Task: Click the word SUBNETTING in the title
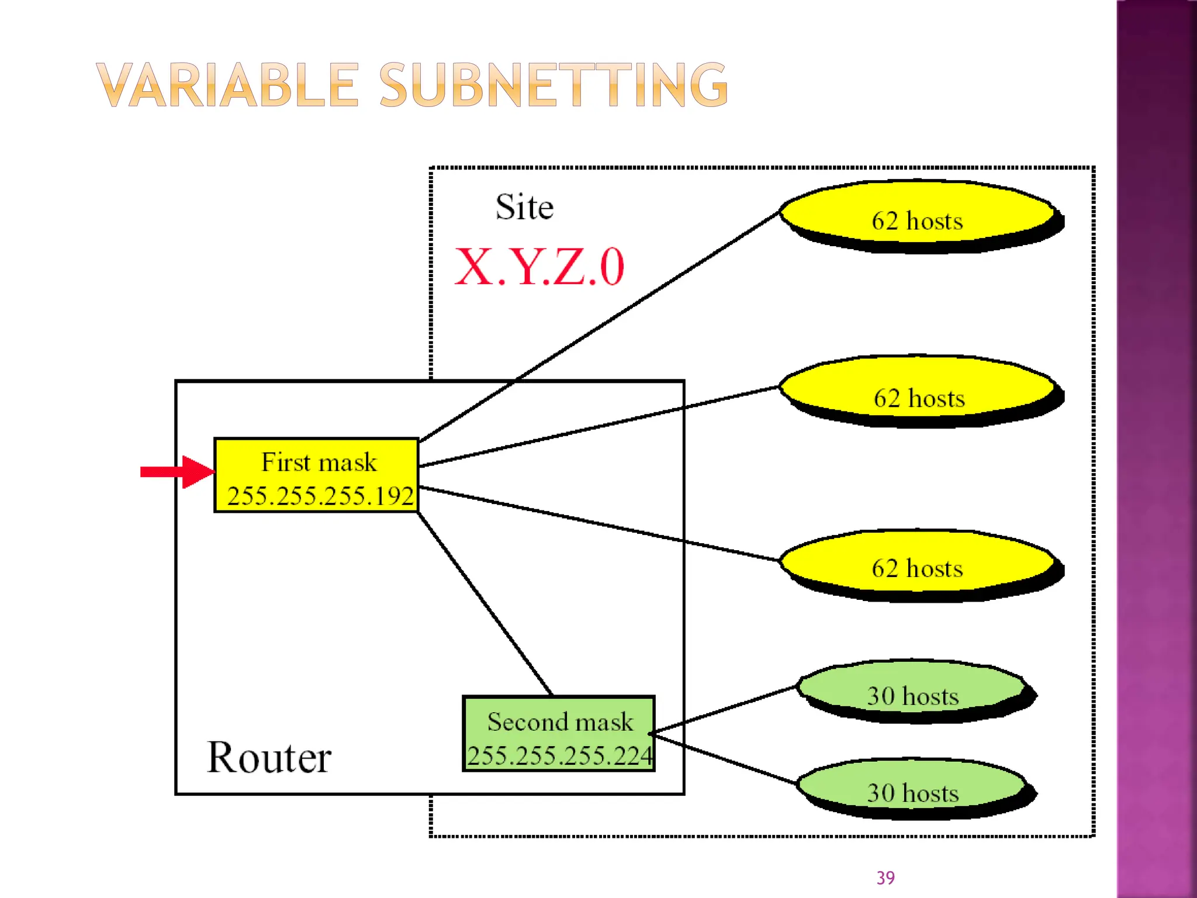point(553,86)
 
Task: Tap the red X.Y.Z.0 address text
point(539,268)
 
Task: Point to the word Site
point(524,207)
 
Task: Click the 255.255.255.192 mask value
point(320,496)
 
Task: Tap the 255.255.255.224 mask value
point(559,756)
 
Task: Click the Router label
point(269,758)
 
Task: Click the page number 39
point(885,878)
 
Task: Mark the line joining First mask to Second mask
point(485,603)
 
